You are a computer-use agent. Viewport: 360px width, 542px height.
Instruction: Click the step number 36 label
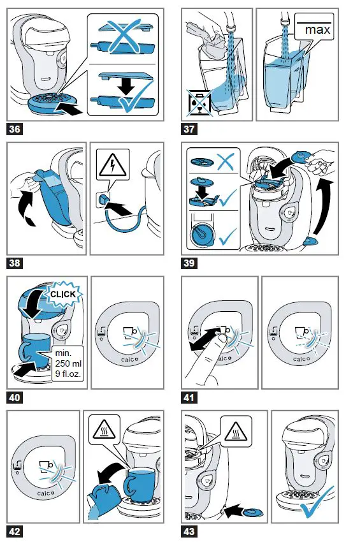15,129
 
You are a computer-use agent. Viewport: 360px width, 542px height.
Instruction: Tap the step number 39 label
189,263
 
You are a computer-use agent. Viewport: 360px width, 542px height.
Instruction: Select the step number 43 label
189,531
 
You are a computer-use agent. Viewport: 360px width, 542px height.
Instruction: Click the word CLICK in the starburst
63,295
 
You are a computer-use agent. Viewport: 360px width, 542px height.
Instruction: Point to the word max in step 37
317,30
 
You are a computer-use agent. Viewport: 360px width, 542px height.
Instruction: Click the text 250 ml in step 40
68,363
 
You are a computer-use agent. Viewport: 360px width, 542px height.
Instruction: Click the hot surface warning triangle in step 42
104,430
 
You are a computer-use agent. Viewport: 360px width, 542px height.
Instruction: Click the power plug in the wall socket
103,199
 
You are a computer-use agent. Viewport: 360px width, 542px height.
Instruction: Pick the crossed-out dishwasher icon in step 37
199,102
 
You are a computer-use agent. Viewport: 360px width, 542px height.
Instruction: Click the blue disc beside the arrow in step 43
254,511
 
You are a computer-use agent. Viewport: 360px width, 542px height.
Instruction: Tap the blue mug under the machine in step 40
34,350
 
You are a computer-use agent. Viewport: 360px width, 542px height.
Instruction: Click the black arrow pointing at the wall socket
119,209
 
